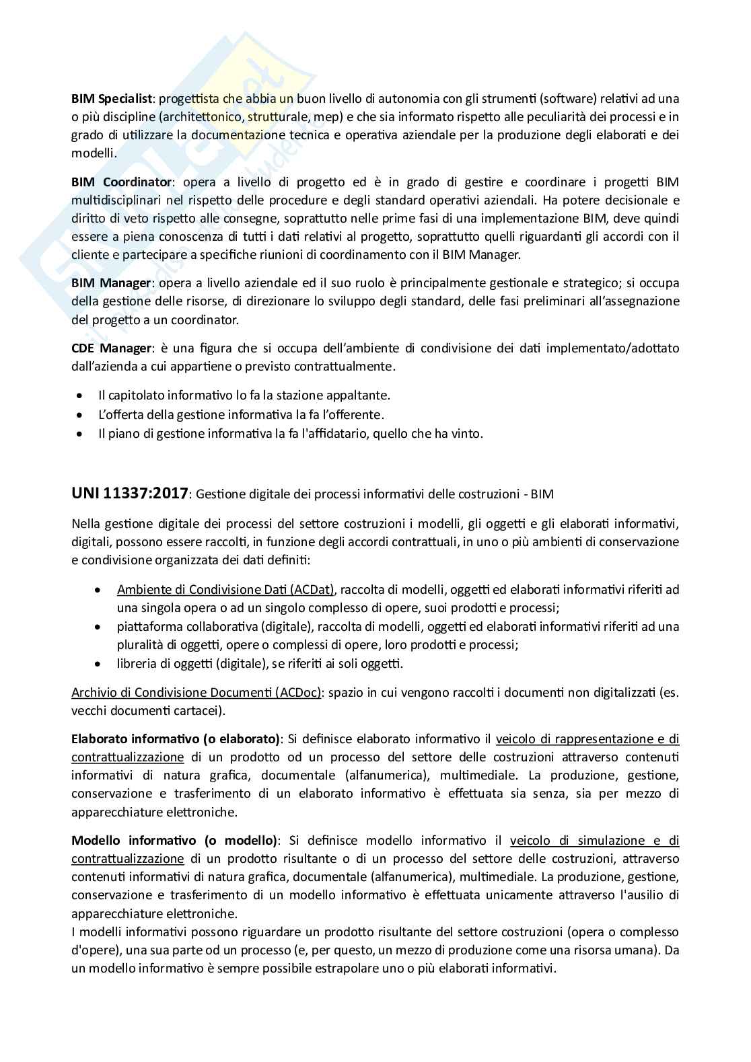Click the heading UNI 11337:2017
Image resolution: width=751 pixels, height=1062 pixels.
(x=129, y=493)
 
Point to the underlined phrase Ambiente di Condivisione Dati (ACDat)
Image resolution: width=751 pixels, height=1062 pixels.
(x=225, y=590)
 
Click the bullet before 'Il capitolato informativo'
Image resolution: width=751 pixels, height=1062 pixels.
(x=81, y=395)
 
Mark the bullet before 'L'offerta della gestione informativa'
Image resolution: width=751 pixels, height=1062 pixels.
(x=81, y=415)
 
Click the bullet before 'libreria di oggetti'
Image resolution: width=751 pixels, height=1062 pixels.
(x=100, y=664)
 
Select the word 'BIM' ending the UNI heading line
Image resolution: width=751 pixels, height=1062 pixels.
(x=542, y=494)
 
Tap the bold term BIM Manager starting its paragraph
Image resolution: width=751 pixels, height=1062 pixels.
(x=112, y=282)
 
